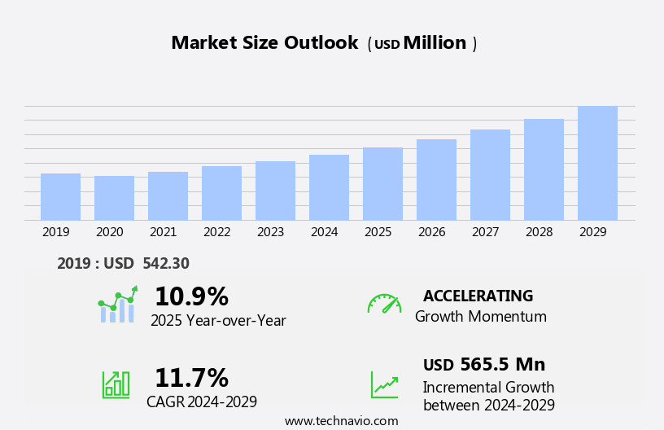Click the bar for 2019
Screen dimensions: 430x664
[x=60, y=197]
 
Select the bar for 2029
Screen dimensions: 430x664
[x=597, y=164]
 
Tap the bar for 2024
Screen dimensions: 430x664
[x=329, y=187]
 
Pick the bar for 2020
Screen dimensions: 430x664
[x=114, y=198]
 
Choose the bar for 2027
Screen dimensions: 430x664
[x=490, y=175]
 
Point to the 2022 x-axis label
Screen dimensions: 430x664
[x=217, y=232]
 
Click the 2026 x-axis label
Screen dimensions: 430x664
[x=432, y=232]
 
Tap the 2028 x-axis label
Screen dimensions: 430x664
[x=539, y=232]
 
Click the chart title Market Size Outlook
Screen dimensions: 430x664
[x=264, y=43]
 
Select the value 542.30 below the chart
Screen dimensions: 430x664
[x=166, y=264]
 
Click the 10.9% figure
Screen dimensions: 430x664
[x=191, y=296]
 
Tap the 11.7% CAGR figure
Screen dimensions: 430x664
[x=191, y=378]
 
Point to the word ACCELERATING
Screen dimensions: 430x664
[x=478, y=296]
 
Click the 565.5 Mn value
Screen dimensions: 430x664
[x=502, y=365]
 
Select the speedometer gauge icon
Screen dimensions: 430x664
[x=384, y=304]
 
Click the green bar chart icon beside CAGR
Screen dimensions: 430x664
[x=116, y=384]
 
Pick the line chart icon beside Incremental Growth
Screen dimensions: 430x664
[x=384, y=384]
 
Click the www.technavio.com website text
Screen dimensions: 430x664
[x=341, y=421]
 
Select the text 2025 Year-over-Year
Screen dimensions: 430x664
[x=218, y=321]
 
